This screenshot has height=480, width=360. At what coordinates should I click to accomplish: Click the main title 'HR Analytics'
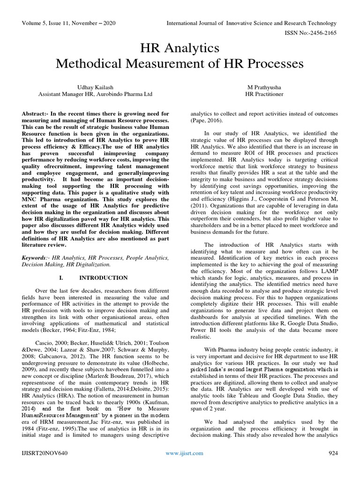[x=180, y=48]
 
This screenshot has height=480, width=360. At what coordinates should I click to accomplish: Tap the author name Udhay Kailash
[x=95, y=87]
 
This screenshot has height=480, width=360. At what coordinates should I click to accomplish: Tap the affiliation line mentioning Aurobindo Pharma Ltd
[x=95, y=94]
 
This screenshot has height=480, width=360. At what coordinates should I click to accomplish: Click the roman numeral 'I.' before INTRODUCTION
[x=61, y=277]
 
